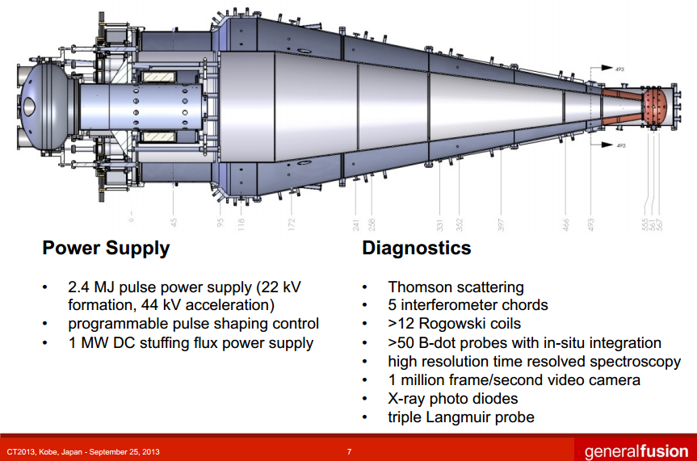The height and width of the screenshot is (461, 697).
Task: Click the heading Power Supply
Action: (x=106, y=248)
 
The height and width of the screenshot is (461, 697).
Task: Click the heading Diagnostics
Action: (x=417, y=248)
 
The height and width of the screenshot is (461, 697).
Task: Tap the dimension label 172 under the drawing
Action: (x=292, y=223)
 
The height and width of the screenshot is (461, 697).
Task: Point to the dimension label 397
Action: (x=501, y=223)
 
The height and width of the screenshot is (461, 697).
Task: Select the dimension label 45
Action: (x=174, y=223)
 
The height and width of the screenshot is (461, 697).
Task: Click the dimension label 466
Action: (x=566, y=223)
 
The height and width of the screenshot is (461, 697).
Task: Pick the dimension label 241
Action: (x=355, y=223)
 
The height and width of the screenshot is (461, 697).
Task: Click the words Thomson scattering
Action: (x=456, y=287)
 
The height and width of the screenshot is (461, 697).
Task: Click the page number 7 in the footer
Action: (x=349, y=451)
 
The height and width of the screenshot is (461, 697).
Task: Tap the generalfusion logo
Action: (x=636, y=451)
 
